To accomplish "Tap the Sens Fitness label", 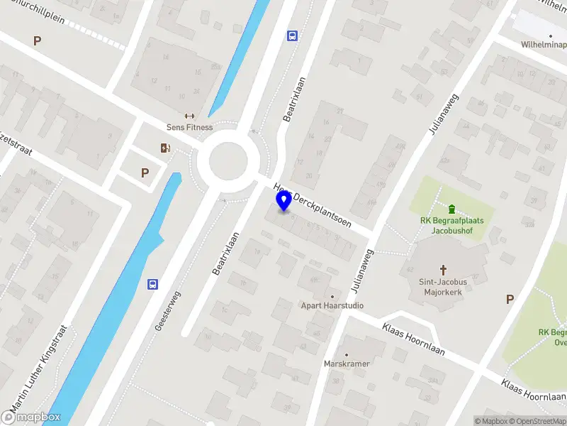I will pyautogui.click(x=189, y=127).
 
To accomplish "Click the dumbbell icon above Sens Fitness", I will pyautogui.click(x=189, y=116).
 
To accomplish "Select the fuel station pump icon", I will pyautogui.click(x=165, y=148).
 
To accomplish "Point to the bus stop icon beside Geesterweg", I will pyautogui.click(x=152, y=285).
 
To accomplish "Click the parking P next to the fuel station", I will pyautogui.click(x=145, y=173).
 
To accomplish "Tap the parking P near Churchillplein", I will pyautogui.click(x=37, y=41).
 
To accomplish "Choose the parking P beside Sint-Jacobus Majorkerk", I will pyautogui.click(x=510, y=300).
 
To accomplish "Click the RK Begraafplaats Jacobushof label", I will pyautogui.click(x=451, y=225).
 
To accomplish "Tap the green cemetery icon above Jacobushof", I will pyautogui.click(x=451, y=209).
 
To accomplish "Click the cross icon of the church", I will pyautogui.click(x=444, y=270).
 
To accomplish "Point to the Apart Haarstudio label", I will pyautogui.click(x=332, y=305).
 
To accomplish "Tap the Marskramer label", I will pyautogui.click(x=347, y=364).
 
